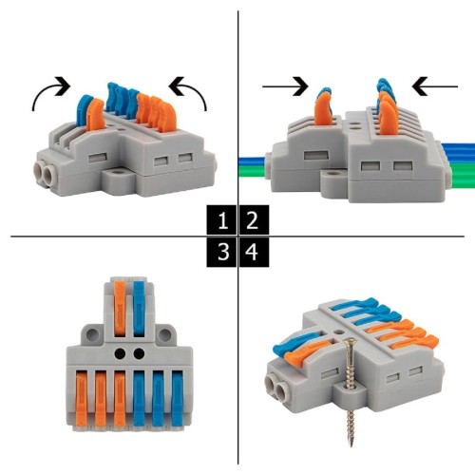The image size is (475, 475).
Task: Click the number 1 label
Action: pyautogui.click(x=221, y=222)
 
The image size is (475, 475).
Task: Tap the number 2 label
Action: pyautogui.click(x=252, y=222)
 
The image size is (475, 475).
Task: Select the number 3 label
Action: pyautogui.click(x=221, y=253)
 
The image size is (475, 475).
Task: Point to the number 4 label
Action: pyautogui.click(x=252, y=253)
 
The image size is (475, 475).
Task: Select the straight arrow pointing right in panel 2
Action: pyautogui.click(x=286, y=88)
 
